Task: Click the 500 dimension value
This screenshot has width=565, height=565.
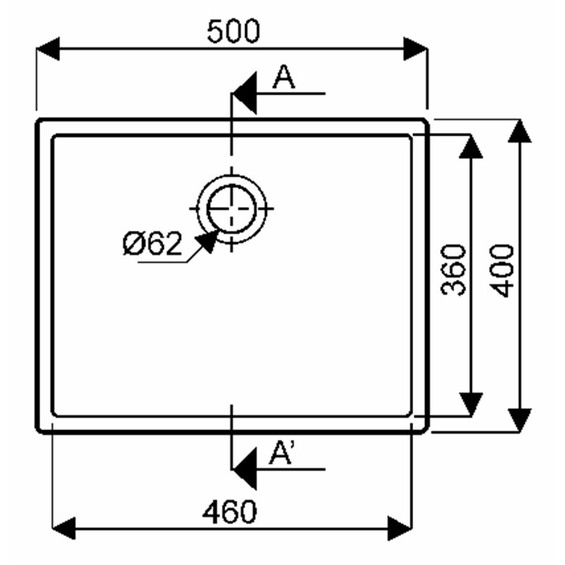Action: (233, 31)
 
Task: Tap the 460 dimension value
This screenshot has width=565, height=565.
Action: (230, 511)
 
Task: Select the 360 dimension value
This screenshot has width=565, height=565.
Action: (453, 270)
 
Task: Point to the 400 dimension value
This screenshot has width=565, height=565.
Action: (502, 270)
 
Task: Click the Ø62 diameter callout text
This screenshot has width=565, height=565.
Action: (153, 244)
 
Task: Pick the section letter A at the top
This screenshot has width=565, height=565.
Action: (284, 77)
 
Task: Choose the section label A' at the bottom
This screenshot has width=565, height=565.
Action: (282, 453)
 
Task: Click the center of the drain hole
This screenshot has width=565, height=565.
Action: (232, 208)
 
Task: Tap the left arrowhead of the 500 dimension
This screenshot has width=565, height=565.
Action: (48, 49)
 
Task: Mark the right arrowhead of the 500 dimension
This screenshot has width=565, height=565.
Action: (415, 49)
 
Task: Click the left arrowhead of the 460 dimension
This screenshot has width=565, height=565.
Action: (64, 528)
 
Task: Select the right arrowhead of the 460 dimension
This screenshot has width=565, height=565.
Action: (400, 528)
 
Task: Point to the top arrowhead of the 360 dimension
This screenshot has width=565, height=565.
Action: (470, 146)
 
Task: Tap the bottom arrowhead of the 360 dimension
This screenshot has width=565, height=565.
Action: (470, 404)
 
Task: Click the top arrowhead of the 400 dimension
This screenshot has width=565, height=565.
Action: (520, 131)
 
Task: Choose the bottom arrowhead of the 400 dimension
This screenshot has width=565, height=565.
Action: (520, 420)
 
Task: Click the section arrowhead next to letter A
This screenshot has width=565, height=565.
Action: (245, 93)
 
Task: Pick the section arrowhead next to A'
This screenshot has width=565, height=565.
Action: (245, 469)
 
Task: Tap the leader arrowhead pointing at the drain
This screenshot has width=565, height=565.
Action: (208, 241)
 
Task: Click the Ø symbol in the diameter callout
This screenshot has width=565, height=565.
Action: (133, 244)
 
